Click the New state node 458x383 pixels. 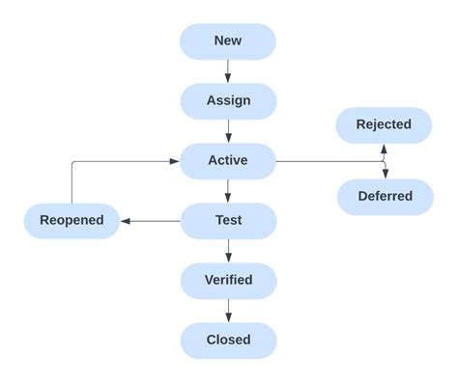pos(228,41)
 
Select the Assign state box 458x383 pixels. pos(228,101)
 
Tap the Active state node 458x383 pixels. pos(228,160)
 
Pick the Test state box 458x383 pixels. pos(228,220)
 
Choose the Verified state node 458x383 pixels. pos(228,280)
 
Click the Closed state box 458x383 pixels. pos(228,340)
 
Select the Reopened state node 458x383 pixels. pos(72,220)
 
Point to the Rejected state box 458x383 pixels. pos(384,124)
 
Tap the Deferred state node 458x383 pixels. pos(385,197)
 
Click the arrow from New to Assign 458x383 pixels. pos(228,71)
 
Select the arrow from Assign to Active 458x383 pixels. pos(228,131)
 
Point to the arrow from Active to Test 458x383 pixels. pos(228,190)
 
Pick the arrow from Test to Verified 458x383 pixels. pos(228,250)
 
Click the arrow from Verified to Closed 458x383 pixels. pos(228,310)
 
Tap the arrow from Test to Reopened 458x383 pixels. pos(150,221)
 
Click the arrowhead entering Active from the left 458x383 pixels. pos(175,161)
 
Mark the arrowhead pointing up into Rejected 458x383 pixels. pos(385,149)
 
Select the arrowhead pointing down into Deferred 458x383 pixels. pos(385,174)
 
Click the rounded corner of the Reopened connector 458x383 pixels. pos(73,163)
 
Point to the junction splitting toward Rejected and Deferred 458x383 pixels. pos(384,161)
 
